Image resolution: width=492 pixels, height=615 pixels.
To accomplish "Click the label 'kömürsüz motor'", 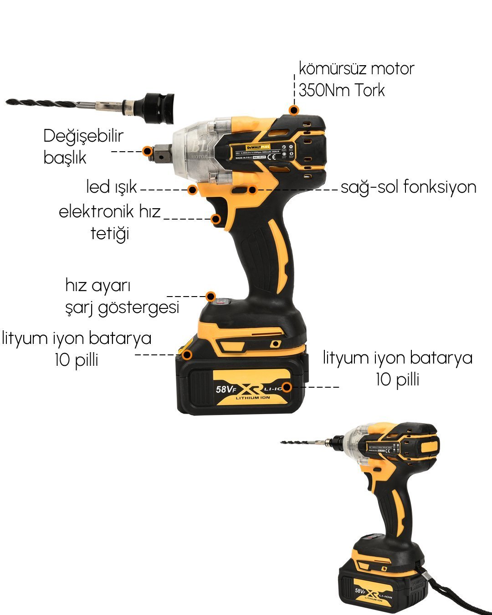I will click(356, 69).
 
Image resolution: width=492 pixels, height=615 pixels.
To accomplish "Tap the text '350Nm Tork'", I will click(342, 90).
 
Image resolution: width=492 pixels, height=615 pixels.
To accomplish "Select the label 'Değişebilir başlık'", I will click(83, 147).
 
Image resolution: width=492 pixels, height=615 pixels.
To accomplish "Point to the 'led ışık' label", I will click(112, 187).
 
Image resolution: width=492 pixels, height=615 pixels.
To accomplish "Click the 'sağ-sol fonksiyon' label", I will click(408, 187).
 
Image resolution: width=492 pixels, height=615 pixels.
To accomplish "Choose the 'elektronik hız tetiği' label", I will click(110, 222).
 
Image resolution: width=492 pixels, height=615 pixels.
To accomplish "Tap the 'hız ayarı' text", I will click(98, 286).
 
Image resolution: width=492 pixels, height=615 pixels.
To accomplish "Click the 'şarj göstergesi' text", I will click(122, 307).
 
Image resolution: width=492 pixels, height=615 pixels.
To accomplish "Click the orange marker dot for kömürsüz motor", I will click(294, 110).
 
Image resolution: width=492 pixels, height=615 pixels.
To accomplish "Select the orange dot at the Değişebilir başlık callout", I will click(147, 151).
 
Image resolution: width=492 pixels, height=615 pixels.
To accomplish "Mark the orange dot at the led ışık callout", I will click(193, 190).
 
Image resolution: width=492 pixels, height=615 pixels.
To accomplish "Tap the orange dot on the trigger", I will click(216, 219).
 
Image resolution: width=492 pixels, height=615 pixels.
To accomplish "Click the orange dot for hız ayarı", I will click(210, 296).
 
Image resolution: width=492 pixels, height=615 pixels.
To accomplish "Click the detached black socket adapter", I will click(157, 108).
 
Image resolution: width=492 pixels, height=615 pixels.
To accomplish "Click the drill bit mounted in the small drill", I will click(305, 442).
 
